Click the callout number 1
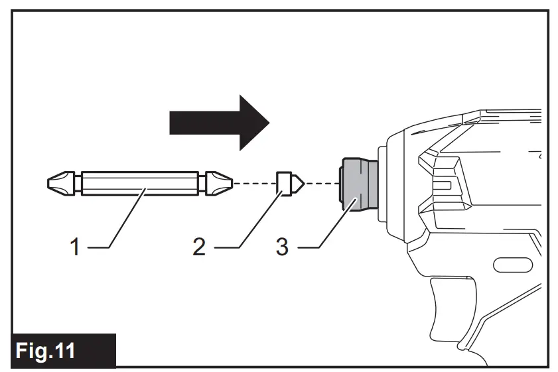[75, 248]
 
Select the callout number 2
[198, 248]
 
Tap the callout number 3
[282, 248]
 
